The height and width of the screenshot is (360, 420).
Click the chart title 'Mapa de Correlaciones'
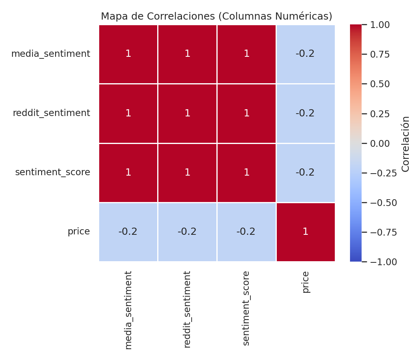pyautogui.click(x=216, y=16)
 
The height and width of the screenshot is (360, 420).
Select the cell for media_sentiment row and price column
pyautogui.click(x=305, y=54)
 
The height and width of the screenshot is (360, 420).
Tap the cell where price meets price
pyautogui.click(x=305, y=232)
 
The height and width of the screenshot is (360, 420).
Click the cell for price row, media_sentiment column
pyautogui.click(x=128, y=232)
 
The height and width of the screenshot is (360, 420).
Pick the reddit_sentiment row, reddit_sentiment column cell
pyautogui.click(x=187, y=113)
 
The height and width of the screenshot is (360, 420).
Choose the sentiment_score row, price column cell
pyautogui.click(x=305, y=172)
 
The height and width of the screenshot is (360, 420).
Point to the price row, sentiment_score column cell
pyautogui.click(x=246, y=232)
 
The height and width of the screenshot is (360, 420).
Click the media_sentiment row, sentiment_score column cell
pyautogui.click(x=246, y=54)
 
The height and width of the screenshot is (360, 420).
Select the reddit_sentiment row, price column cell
pyautogui.click(x=305, y=113)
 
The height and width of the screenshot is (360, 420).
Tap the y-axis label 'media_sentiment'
pyautogui.click(x=50, y=54)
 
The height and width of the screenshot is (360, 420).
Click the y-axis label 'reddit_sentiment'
pyautogui.click(x=51, y=113)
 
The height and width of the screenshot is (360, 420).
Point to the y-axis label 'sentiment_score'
pyautogui.click(x=52, y=172)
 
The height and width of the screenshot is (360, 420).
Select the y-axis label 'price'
pyautogui.click(x=78, y=232)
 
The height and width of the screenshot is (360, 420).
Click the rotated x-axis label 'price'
pyautogui.click(x=306, y=282)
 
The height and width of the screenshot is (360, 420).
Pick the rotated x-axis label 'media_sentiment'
pyautogui.click(x=128, y=310)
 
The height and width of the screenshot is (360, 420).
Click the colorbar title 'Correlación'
pyautogui.click(x=406, y=144)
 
